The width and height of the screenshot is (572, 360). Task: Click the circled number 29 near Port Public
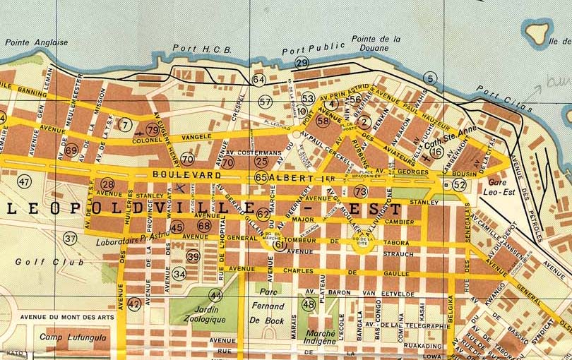coord(302,64)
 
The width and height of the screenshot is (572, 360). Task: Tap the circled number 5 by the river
coord(428,78)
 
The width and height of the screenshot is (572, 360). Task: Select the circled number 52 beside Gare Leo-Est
coord(460,185)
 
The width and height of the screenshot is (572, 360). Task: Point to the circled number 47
coord(25,182)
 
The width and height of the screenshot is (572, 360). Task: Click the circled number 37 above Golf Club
coord(69,239)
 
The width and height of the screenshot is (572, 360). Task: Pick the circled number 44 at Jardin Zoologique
coord(215,295)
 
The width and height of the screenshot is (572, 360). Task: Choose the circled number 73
coord(361,191)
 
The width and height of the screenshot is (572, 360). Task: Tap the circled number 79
coord(153,129)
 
